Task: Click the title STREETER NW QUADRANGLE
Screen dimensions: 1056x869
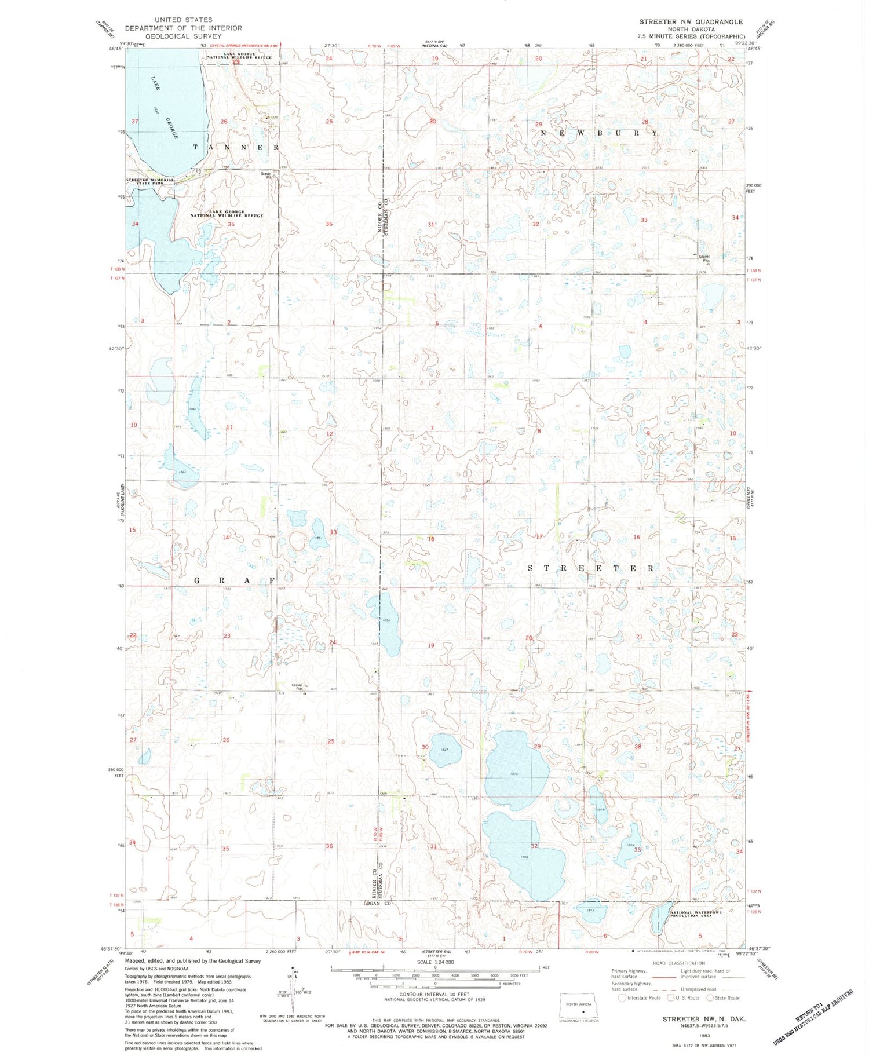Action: [x=691, y=21]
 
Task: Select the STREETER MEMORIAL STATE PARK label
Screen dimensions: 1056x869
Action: [x=150, y=181]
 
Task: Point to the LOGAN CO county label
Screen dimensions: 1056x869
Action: [x=377, y=903]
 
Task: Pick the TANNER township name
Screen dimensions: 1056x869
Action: [x=236, y=148]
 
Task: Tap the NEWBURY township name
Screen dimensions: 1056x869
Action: [x=599, y=133]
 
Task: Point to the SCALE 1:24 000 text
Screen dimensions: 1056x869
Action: [x=433, y=962]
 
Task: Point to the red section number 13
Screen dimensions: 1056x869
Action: [x=333, y=532]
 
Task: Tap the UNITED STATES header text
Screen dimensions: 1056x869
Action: [x=183, y=20]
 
